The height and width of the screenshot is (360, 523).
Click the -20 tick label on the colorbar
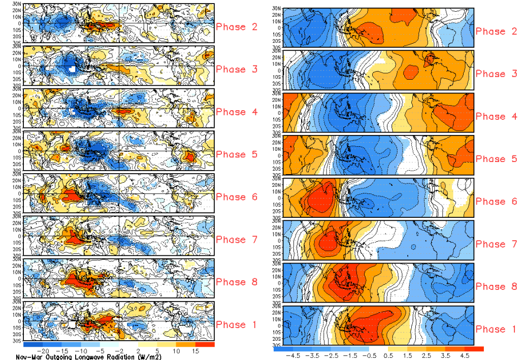coord(44,351)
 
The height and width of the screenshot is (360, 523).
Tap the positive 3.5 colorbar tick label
coord(445,355)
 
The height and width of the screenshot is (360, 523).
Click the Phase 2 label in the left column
coord(237,27)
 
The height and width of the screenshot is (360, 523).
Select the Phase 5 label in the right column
coord(497,159)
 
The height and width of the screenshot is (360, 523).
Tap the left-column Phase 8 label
coord(237,282)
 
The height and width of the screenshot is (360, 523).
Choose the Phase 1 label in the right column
coord(497,330)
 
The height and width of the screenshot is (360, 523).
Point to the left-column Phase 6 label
coord(237,197)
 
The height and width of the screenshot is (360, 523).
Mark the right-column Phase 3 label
coord(497,74)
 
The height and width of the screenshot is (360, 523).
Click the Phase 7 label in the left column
coord(237,240)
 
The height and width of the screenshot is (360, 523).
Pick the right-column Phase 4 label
coord(497,116)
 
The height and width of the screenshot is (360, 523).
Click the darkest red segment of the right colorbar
coord(474,349)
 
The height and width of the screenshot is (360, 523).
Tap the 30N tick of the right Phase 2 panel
coord(277,9)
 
